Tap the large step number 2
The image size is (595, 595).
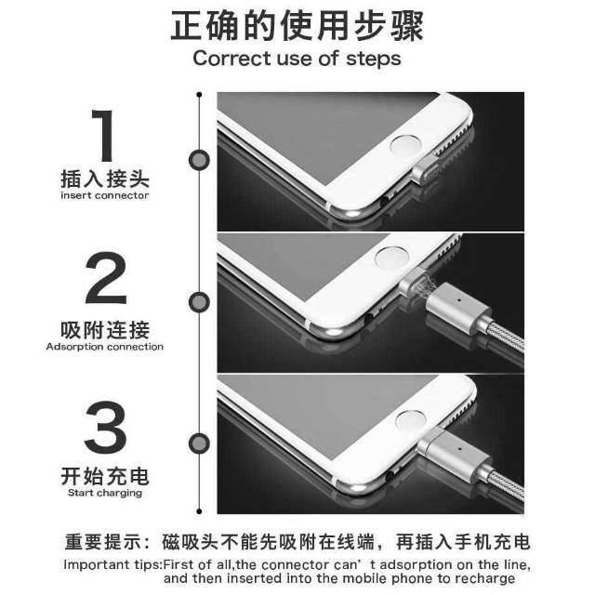point(106,278)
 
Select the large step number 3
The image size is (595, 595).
point(105,428)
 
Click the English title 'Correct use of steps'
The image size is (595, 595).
point(297,59)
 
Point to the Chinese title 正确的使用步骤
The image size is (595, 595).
point(297,26)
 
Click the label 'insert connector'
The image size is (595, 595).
point(104,195)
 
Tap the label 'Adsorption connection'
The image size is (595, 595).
point(105,347)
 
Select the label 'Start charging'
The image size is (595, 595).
point(105,493)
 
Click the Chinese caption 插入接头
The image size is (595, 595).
point(105,178)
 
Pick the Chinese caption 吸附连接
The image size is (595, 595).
point(105,330)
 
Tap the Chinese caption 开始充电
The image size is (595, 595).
point(105,476)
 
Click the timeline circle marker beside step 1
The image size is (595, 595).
point(199,160)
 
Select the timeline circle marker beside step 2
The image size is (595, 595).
point(199,302)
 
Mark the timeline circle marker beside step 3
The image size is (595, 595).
point(199,443)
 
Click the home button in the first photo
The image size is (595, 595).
point(406,146)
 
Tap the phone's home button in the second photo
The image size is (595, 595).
point(391,258)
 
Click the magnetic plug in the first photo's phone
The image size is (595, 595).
point(426,170)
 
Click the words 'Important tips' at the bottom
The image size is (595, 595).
point(113,565)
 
